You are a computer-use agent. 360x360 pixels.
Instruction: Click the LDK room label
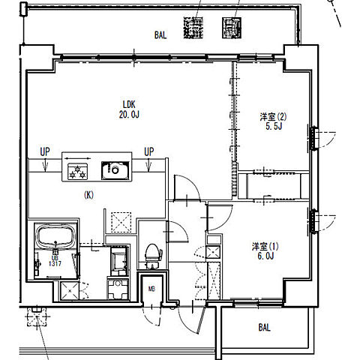129,104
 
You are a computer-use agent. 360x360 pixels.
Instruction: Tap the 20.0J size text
129,115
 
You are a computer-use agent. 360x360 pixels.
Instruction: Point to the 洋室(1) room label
265,247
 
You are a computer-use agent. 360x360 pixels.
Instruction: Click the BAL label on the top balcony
160,35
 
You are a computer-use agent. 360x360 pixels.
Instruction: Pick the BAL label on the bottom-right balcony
264,327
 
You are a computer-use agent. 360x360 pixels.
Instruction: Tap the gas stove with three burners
78,171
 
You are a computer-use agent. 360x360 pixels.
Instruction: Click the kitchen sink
115,170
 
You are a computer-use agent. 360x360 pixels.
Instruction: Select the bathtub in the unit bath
55,236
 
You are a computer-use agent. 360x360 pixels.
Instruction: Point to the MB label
151,289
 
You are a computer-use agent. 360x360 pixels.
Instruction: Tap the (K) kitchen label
88,195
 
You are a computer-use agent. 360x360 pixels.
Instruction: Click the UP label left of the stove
45,151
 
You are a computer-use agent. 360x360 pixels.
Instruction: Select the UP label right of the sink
149,151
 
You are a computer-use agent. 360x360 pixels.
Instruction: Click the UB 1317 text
55,261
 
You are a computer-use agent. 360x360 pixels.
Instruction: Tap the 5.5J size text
274,126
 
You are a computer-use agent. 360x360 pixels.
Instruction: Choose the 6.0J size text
265,256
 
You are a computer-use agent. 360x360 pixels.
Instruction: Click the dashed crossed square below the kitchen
121,222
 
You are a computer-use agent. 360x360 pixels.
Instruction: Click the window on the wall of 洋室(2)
313,138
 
